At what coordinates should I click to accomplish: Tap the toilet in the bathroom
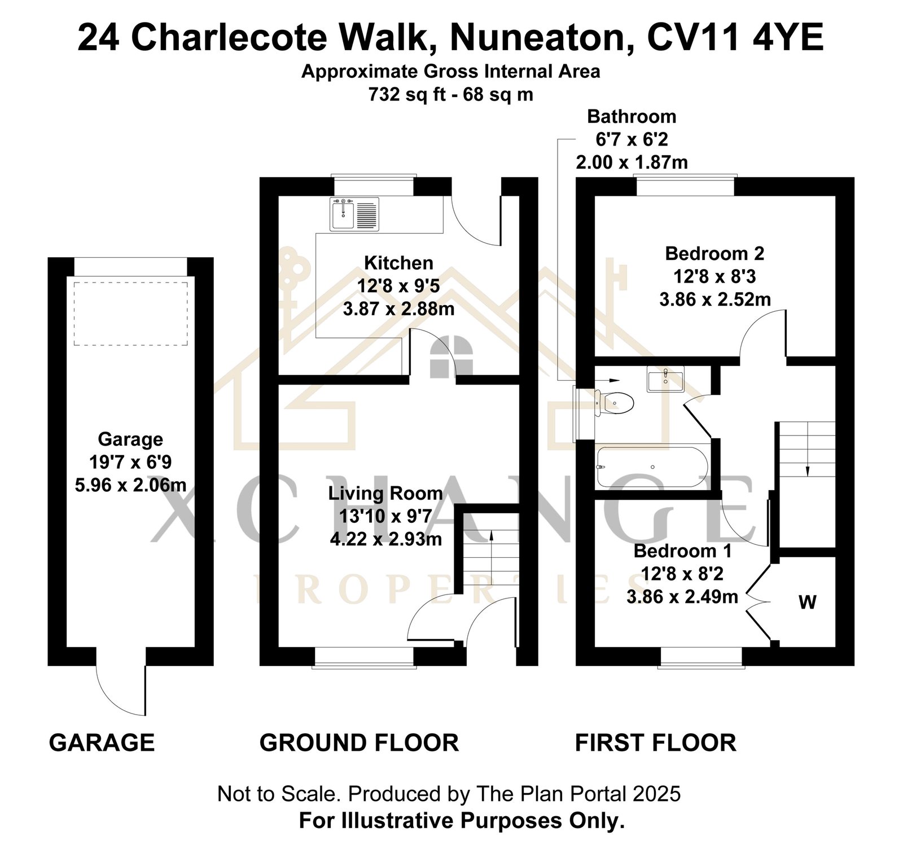615,403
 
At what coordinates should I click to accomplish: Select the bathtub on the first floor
652,467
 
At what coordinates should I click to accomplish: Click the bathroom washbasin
666,379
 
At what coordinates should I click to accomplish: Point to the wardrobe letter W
808,602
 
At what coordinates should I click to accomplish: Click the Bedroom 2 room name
714,253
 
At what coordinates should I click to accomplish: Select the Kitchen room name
398,263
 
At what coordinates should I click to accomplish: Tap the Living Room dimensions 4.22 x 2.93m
386,539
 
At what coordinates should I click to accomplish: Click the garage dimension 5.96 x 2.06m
130,485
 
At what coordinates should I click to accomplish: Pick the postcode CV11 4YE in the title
735,38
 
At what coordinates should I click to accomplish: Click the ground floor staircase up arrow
491,558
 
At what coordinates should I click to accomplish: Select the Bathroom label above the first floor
632,116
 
